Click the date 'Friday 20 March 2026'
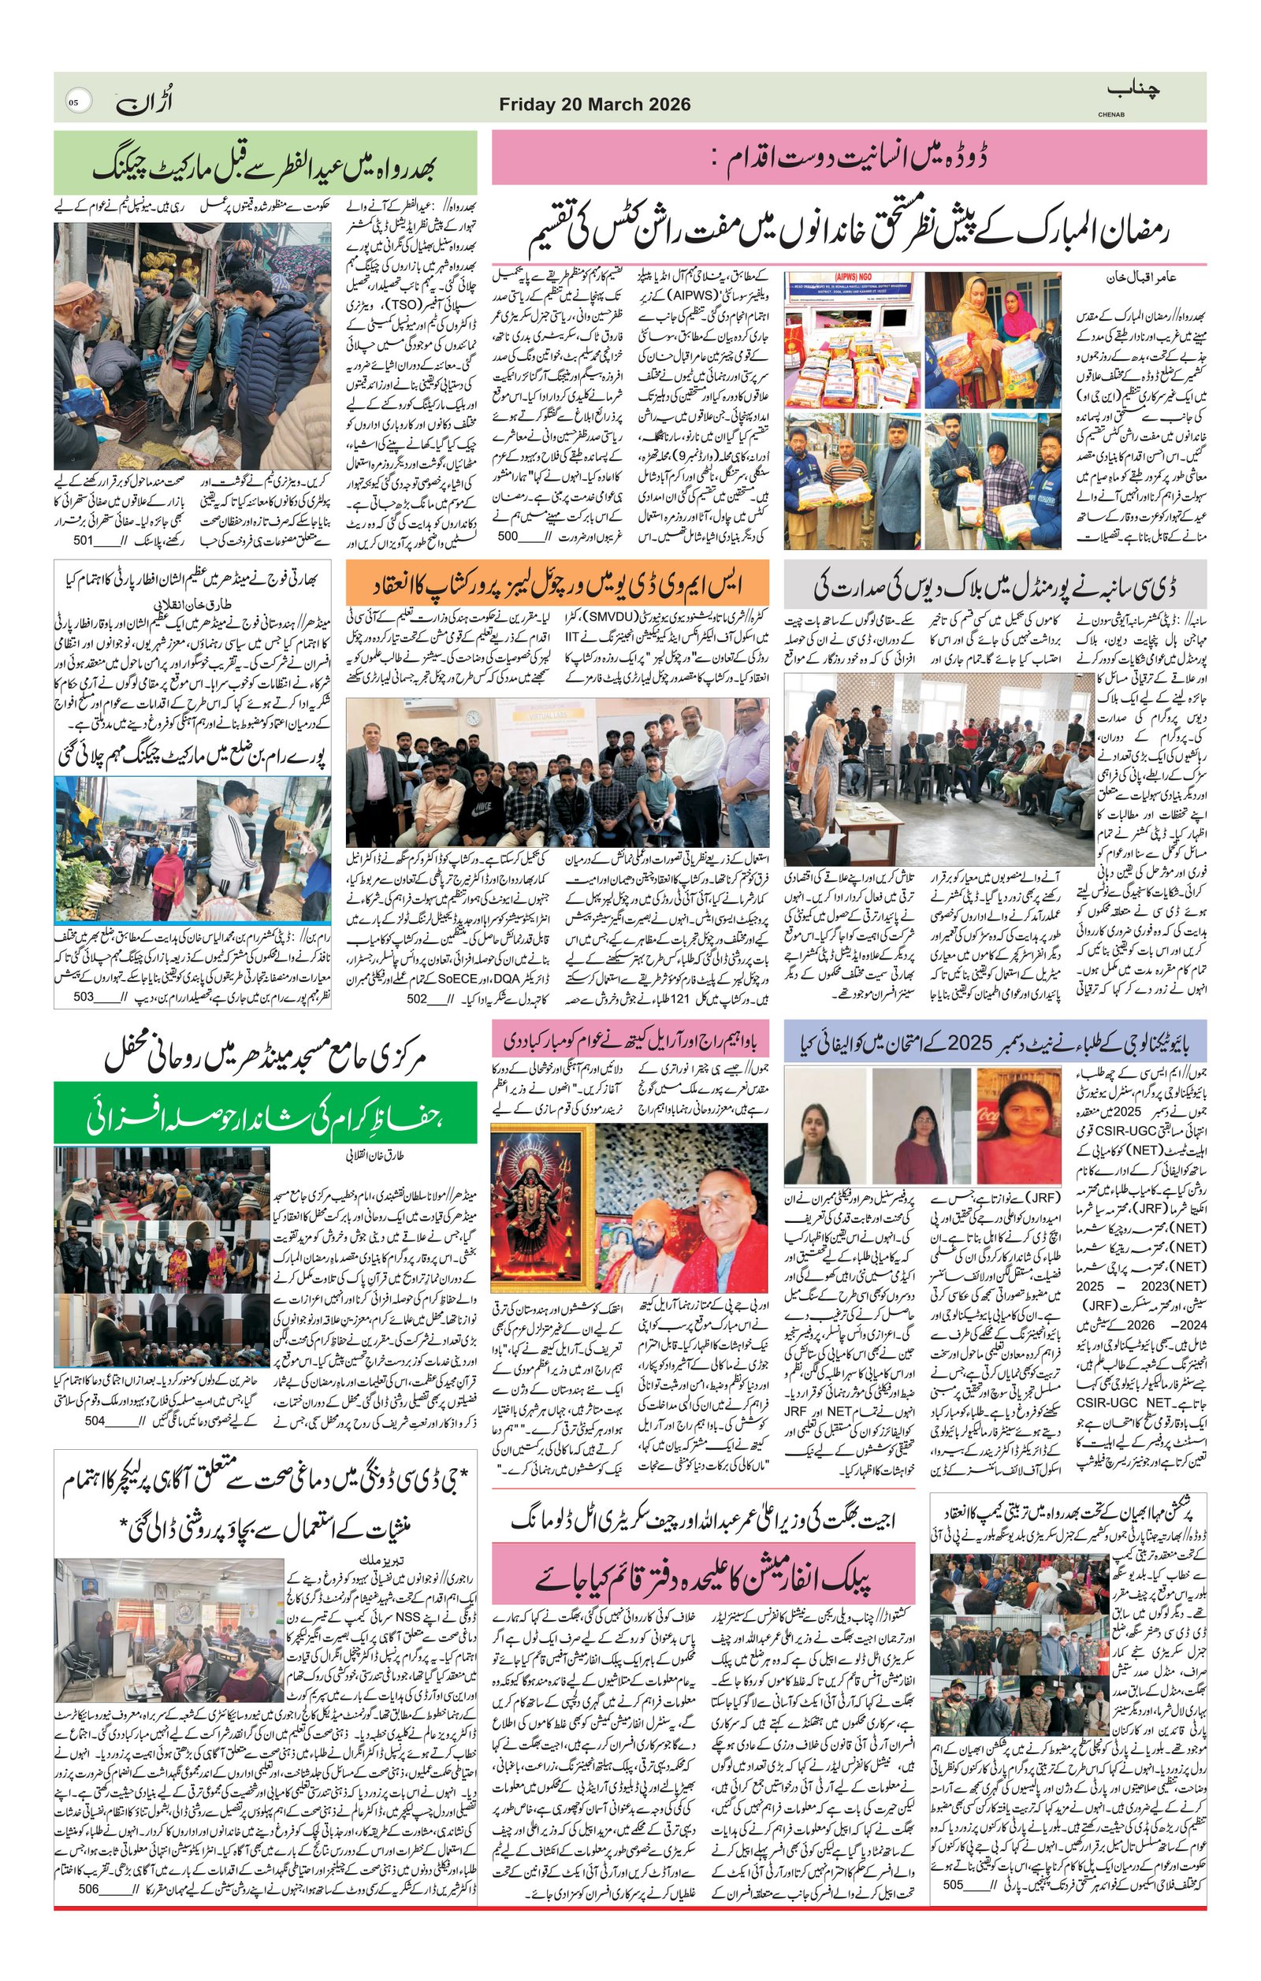coord(595,105)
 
